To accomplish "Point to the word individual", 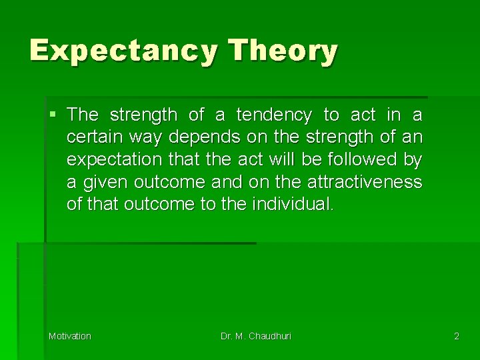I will (292, 204).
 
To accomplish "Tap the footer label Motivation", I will (70, 336).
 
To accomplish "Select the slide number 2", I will (457, 336).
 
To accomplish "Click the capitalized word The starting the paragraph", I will (83, 115).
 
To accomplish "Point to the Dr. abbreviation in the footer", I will (227, 336).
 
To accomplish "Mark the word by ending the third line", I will (413, 160).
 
